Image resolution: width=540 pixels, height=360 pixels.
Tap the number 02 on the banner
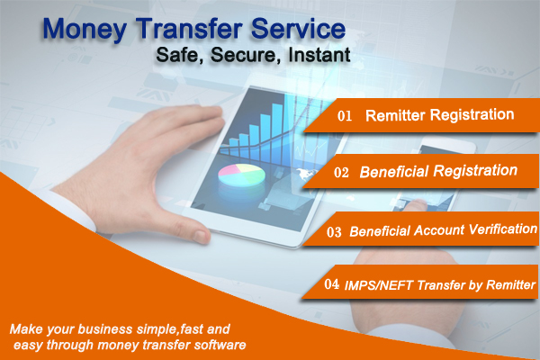coord(343,171)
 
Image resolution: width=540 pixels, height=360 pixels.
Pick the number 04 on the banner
coord(330,284)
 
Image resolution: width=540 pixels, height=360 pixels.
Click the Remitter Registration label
coord(438,115)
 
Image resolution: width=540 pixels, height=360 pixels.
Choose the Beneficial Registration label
coord(438,170)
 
